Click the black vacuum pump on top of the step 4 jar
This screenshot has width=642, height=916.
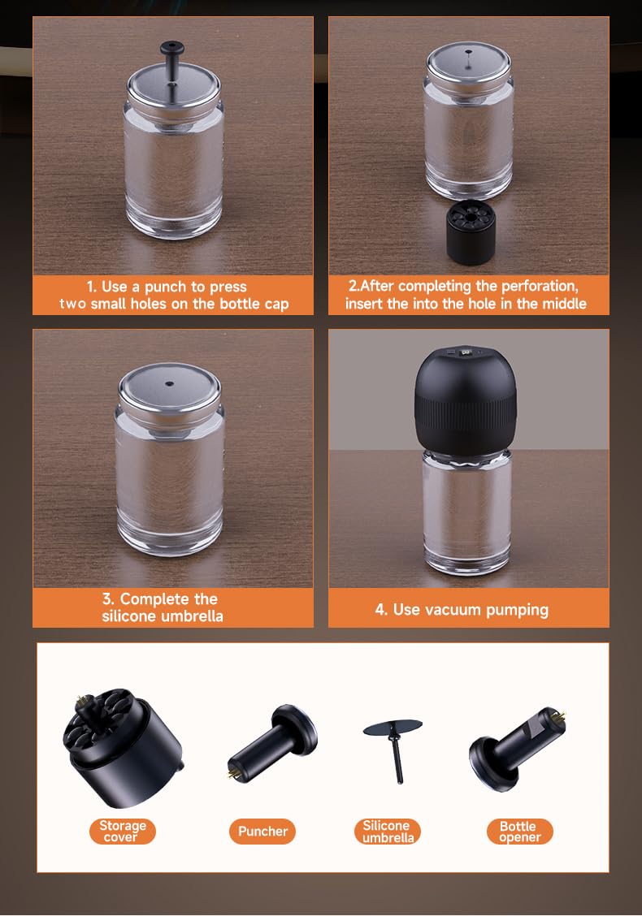pos(466,401)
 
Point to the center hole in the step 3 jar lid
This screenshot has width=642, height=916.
pos(170,384)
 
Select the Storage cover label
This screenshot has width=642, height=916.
pos(122,831)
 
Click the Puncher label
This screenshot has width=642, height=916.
pos(262,831)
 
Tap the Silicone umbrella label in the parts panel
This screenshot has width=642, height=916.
pos(388,831)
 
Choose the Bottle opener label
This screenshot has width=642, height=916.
pos(519,832)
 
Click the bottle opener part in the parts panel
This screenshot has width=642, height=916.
pos(517,747)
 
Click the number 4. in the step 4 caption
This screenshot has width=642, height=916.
pos(381,610)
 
